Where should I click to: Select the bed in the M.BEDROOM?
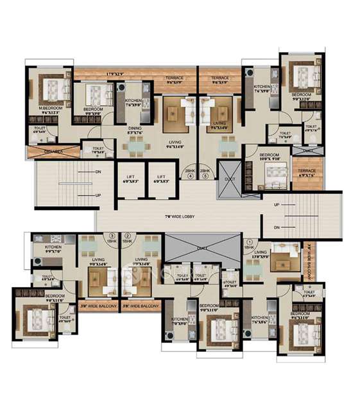[x=53, y=89]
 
